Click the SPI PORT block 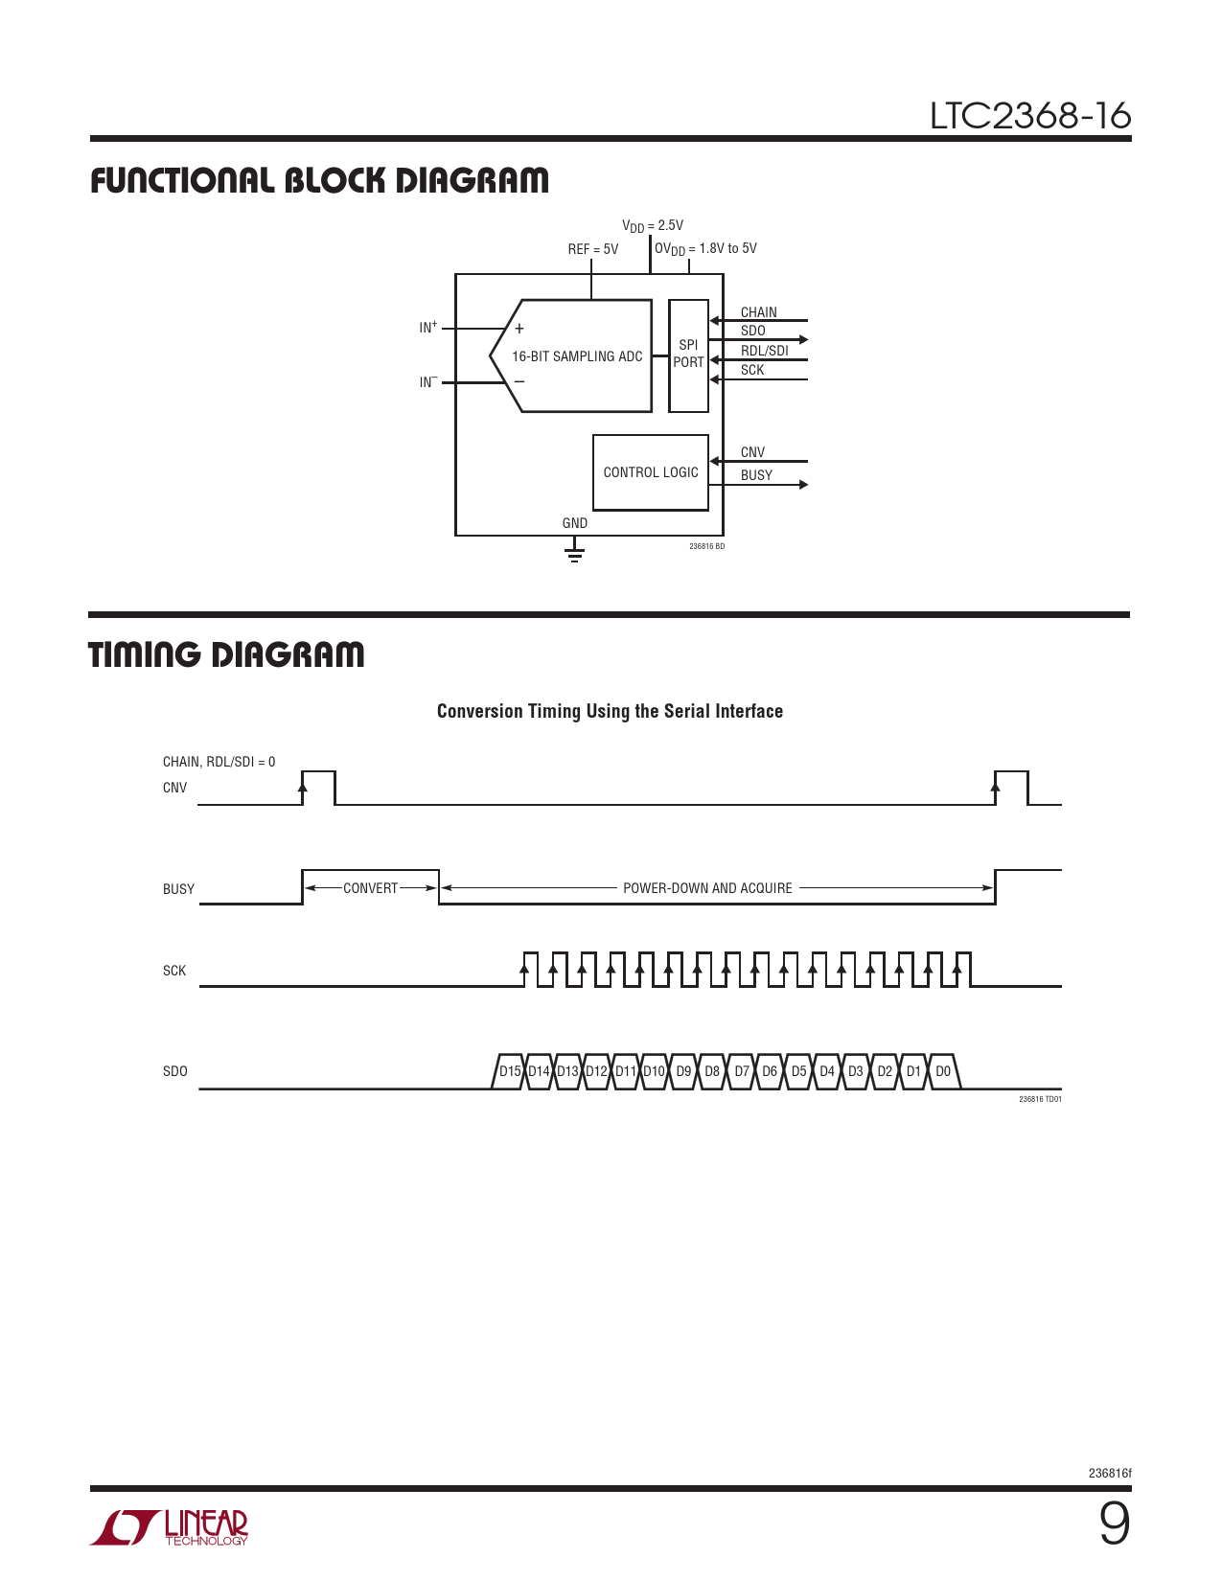[x=688, y=355]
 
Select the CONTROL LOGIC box [x=651, y=472]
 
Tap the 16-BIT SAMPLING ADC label [x=577, y=356]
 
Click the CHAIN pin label [x=758, y=312]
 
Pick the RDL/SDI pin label [x=764, y=351]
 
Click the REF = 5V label [x=593, y=249]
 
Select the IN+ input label [x=428, y=327]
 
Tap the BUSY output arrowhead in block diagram [x=803, y=485]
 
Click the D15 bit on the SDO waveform [x=510, y=1071]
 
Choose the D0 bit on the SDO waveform [x=943, y=1071]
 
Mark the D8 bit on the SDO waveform [x=712, y=1071]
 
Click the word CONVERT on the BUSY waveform [x=371, y=887]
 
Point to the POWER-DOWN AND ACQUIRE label [x=707, y=887]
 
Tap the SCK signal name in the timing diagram [x=173, y=971]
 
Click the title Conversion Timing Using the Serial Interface [x=610, y=711]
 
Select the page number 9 [x=1115, y=1524]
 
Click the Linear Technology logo [x=169, y=1527]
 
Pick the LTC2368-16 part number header [x=1030, y=116]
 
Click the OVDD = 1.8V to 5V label [x=705, y=249]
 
